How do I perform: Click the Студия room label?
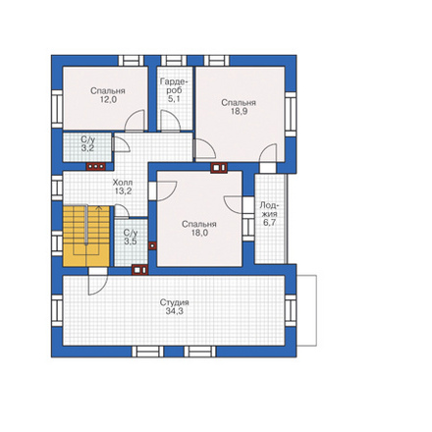174,302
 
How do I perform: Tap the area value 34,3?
174,311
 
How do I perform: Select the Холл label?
123,183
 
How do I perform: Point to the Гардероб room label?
174,85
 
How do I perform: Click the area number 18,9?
239,111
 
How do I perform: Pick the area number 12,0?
108,99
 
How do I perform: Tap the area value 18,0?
199,233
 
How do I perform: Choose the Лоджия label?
269,210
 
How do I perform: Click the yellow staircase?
86,236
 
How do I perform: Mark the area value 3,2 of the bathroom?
87,148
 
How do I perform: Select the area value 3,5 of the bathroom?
131,242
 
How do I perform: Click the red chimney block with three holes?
96,166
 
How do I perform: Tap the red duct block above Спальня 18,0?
219,168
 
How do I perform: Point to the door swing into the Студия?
98,285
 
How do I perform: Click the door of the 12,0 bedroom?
135,121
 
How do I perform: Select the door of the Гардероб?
170,121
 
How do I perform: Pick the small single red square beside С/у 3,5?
152,245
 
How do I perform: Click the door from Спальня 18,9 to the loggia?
268,153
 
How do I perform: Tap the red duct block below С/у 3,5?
140,270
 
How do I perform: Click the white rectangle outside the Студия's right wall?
306,310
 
